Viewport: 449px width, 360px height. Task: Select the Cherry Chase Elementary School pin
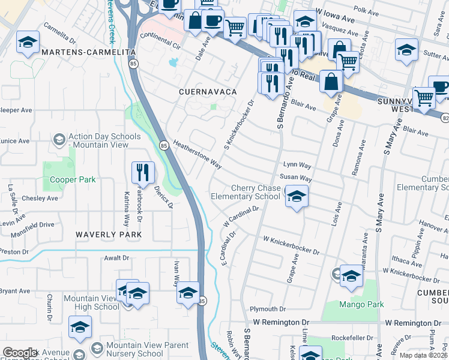click(296, 196)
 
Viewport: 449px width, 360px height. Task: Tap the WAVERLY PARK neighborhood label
click(108, 234)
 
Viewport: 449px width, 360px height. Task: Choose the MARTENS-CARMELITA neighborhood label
click(88, 53)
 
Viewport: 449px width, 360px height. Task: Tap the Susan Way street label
click(295, 179)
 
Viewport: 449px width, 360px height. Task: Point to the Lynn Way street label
click(297, 164)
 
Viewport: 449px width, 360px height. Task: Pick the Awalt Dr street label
click(117, 258)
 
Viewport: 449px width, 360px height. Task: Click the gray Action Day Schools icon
click(59, 140)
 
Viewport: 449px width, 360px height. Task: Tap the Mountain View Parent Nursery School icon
click(96, 349)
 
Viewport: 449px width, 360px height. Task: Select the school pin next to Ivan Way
click(188, 292)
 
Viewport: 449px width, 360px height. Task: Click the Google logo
click(20, 353)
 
